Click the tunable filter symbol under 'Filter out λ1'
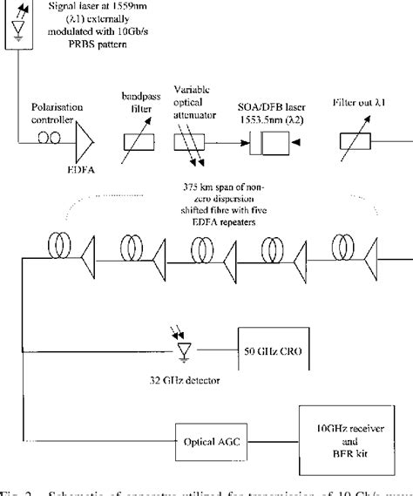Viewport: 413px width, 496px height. pyautogui.click(x=359, y=140)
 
